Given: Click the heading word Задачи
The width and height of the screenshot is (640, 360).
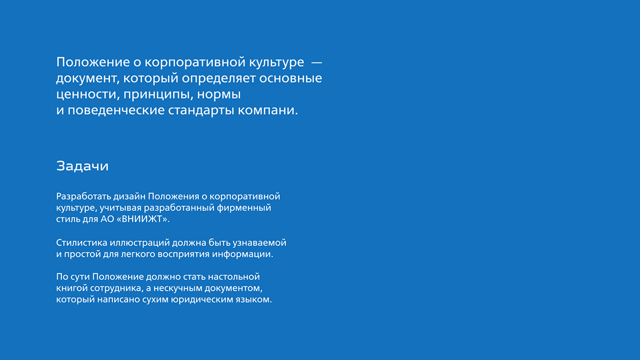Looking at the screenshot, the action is (82, 166).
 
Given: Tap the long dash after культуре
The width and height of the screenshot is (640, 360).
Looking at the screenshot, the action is (317, 62).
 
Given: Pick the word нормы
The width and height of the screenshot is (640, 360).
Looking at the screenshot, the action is (219, 94).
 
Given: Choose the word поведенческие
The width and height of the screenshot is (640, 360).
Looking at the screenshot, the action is (116, 110).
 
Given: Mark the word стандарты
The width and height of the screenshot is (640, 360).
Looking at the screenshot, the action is (201, 110).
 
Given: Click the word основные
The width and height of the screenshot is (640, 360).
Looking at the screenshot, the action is (291, 78).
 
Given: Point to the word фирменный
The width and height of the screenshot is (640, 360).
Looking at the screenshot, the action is (244, 207).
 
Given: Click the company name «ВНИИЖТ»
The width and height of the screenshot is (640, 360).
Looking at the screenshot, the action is (143, 219).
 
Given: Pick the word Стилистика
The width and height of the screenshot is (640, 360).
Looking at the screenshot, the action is (82, 243).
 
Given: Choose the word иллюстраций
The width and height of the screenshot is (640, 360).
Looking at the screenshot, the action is (139, 243).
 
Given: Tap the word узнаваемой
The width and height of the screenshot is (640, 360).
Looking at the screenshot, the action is (259, 243).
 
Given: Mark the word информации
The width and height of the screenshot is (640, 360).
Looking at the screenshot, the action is (242, 254).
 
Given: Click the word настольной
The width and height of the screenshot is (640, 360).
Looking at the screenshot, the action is (234, 277).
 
